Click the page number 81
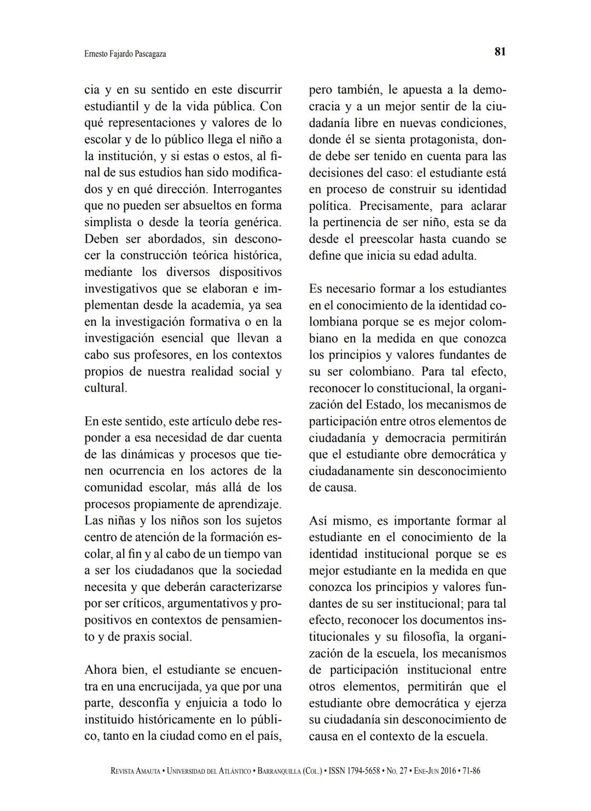tap(500, 52)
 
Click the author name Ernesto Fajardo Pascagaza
tap(125, 54)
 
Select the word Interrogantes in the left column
tap(247, 189)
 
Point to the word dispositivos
tap(250, 272)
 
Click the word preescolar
tap(386, 239)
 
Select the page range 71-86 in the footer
tap(471, 771)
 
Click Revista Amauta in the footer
tap(136, 771)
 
